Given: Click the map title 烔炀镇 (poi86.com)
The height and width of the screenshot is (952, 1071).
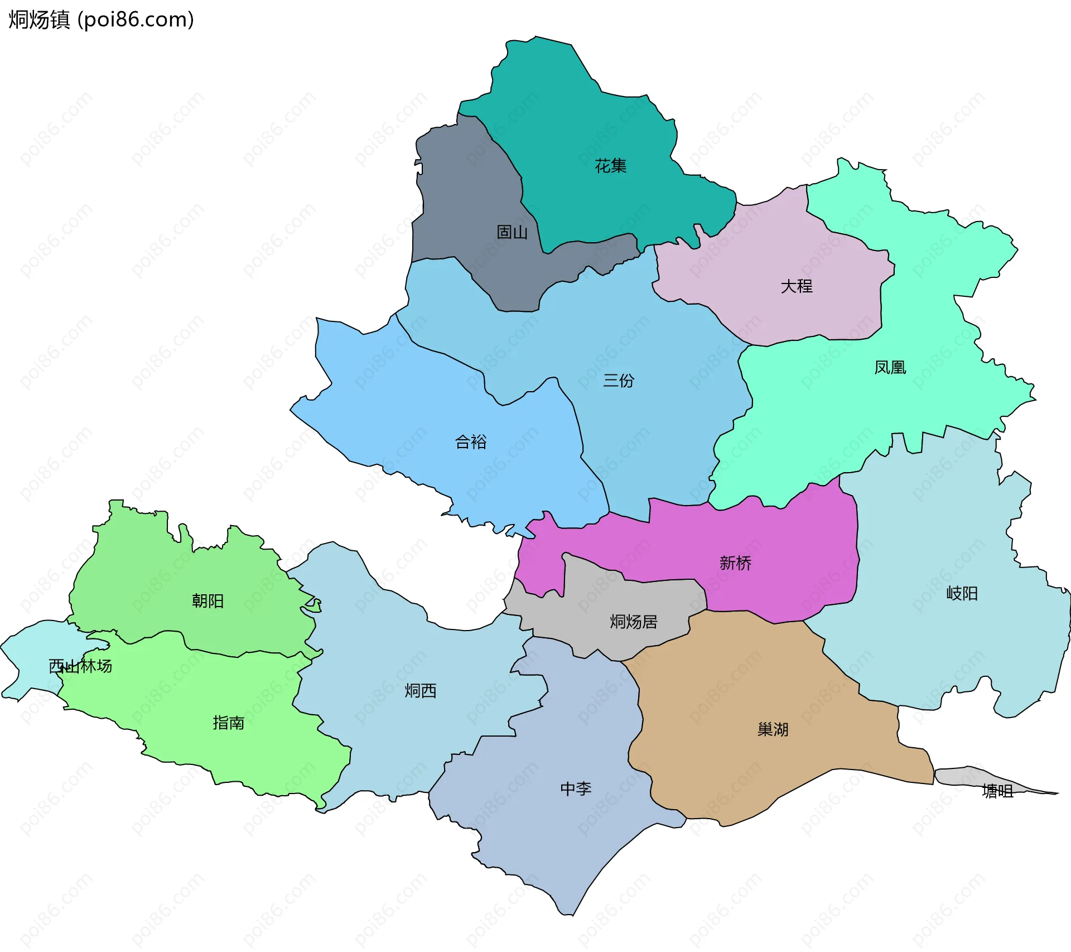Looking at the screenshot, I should [x=102, y=20].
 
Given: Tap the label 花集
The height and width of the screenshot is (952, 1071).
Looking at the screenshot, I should [x=610, y=166].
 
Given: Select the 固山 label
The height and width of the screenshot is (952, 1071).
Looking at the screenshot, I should [x=512, y=232].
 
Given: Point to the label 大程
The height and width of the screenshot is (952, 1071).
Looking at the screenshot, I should [x=797, y=286].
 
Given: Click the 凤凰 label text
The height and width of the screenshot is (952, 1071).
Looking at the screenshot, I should [x=890, y=367].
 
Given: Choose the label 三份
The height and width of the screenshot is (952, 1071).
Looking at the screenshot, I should [x=619, y=381].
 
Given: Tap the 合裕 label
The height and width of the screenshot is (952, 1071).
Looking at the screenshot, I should [x=471, y=442].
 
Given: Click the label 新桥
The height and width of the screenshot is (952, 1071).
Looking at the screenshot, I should [x=735, y=562].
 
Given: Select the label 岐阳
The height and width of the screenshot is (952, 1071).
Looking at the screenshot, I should [x=962, y=593].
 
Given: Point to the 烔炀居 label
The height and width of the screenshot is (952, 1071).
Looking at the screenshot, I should [x=634, y=622].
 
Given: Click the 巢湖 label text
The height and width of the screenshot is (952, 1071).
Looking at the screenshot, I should [x=773, y=729].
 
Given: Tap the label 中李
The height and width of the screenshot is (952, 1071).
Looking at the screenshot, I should [x=576, y=788].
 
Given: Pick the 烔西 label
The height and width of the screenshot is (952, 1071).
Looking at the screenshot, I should [x=421, y=691].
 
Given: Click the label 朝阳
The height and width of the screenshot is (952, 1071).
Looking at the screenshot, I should [x=208, y=600].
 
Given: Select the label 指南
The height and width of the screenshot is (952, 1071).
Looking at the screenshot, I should [x=228, y=723].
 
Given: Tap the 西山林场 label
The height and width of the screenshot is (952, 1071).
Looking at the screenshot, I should [x=80, y=666].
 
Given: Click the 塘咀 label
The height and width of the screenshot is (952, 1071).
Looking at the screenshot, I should [x=997, y=791].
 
